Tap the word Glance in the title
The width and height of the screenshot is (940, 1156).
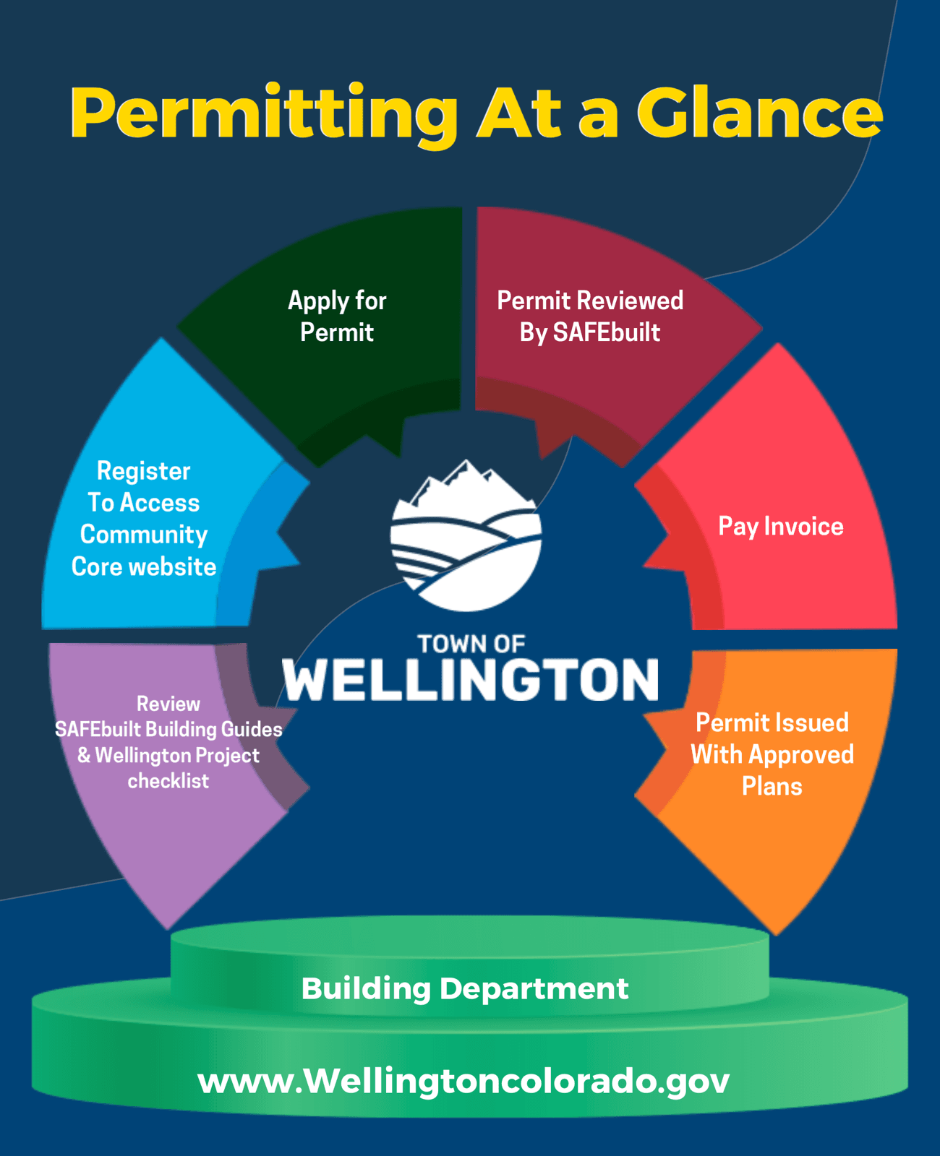point(759,114)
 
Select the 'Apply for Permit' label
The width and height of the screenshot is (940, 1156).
point(337,316)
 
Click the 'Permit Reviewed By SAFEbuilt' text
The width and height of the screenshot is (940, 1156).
point(590,316)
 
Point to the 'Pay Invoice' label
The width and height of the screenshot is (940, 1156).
point(780,527)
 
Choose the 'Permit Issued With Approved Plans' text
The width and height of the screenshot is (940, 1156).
point(772,754)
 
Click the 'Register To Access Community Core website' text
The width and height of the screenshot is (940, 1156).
point(144,519)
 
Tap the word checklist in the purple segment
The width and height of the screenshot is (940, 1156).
point(168,781)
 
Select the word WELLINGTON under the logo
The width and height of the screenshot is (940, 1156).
point(471,680)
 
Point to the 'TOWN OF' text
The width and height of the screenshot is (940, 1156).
point(471,644)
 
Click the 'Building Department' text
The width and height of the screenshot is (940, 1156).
point(465,988)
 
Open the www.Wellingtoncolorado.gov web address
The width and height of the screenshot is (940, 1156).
point(463,1081)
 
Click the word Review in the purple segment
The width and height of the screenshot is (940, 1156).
point(168,704)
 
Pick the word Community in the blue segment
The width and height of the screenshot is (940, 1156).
point(144,535)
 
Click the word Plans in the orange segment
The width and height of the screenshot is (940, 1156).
point(772,786)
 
